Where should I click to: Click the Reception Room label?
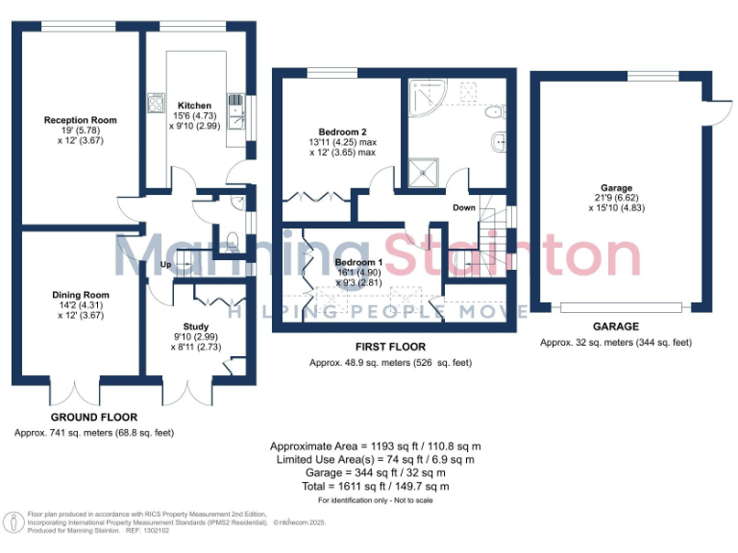tap(81, 120)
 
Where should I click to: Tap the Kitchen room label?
tap(195, 106)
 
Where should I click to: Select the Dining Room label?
tap(81, 295)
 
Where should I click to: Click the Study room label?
tap(196, 326)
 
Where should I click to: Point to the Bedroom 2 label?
tap(342, 132)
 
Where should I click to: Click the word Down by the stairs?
tap(463, 206)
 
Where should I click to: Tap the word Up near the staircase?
tap(165, 265)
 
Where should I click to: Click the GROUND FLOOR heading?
tap(93, 418)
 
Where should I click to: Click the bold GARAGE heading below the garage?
tap(615, 326)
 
